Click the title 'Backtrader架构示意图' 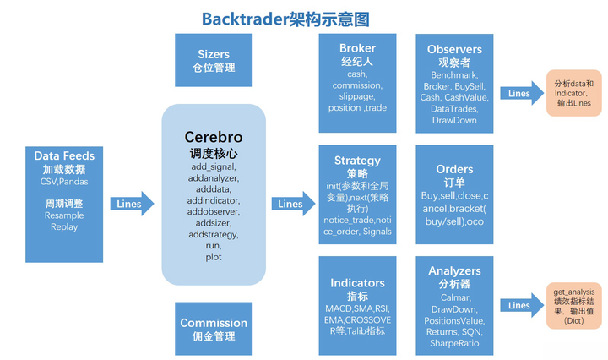285,18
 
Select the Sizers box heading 214,54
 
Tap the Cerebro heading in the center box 214,137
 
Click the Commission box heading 214,322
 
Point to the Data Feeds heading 64,155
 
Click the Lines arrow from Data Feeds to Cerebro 131,204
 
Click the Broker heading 357,48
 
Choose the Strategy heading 357,160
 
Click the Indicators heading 357,283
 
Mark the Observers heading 454,50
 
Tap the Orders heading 454,169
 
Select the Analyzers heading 454,271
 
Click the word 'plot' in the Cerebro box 213,256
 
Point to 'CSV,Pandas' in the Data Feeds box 64,181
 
